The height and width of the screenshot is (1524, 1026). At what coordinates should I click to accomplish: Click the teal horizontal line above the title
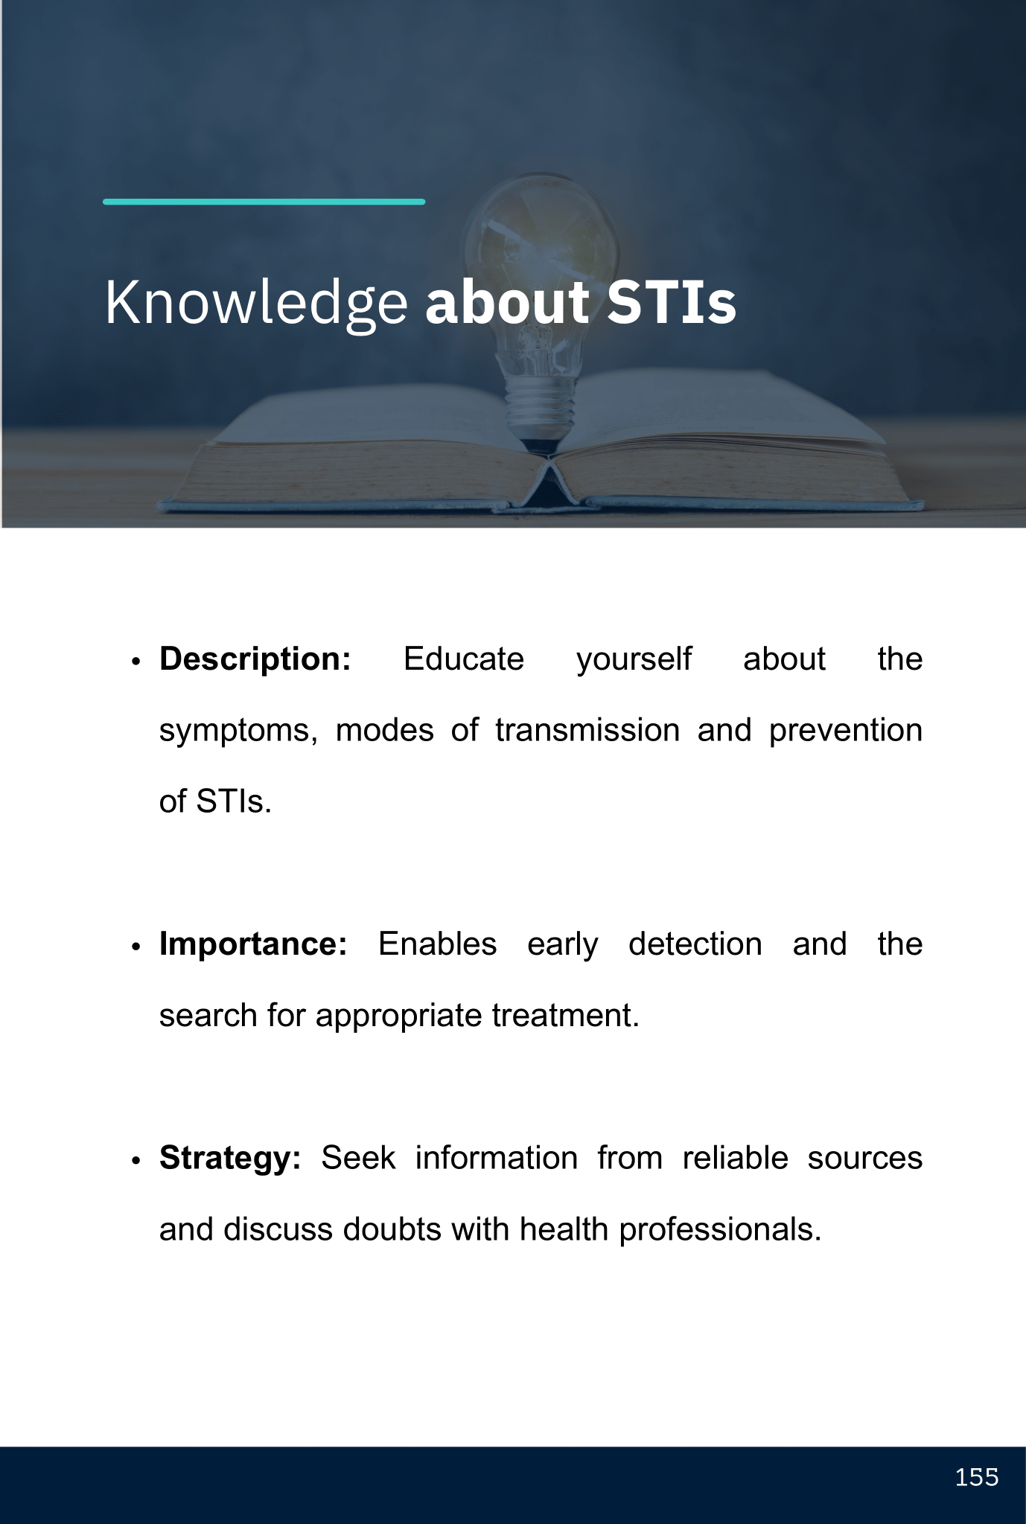coord(264,202)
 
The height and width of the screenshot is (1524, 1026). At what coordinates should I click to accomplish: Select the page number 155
coord(977,1477)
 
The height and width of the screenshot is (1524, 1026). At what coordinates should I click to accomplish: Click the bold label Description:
coord(255,660)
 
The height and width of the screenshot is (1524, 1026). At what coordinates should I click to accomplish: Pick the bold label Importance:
coord(253,944)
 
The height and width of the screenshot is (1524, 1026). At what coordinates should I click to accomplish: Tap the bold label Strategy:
coord(230,1159)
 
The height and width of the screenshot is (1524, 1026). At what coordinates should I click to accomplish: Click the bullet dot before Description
coord(136,662)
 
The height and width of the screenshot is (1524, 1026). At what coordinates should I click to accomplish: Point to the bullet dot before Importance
coord(136,947)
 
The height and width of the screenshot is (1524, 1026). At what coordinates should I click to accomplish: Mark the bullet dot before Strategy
coord(136,1162)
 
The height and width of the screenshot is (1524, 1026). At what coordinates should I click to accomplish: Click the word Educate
coord(464,659)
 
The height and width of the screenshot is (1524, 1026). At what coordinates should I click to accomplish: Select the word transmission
coord(587,730)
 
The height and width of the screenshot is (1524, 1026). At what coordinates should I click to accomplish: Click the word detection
coord(695,944)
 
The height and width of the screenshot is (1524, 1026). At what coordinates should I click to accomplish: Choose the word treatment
coord(566,1016)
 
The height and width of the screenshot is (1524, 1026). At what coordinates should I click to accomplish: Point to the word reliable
coord(736,1159)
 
